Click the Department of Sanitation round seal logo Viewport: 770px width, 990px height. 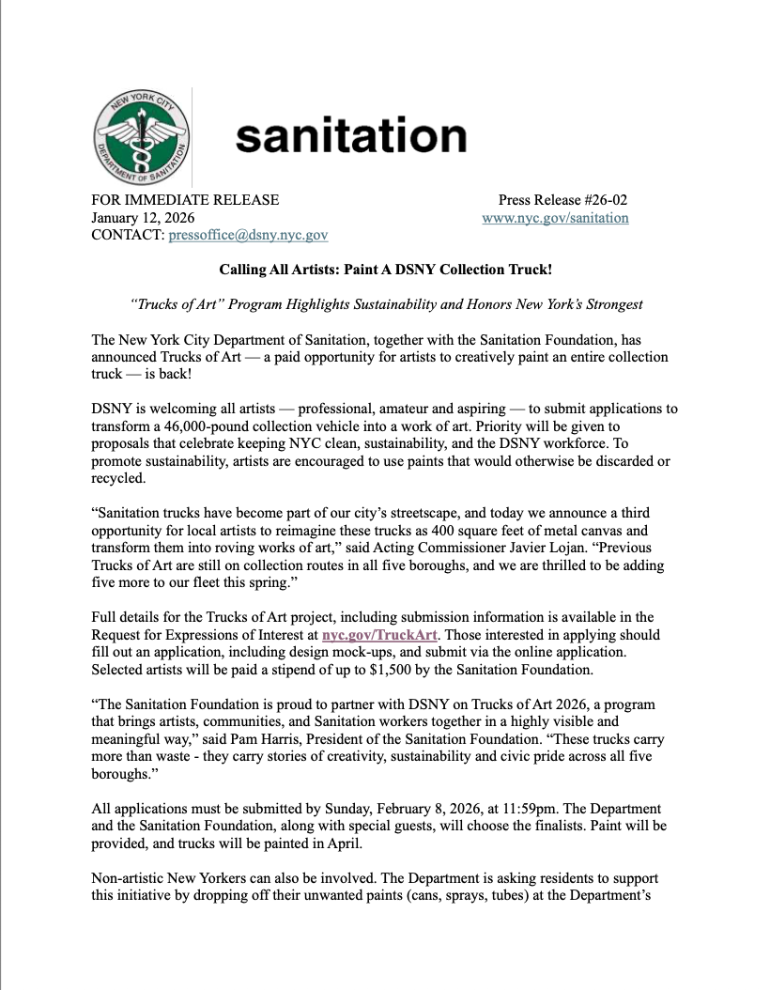click(x=142, y=137)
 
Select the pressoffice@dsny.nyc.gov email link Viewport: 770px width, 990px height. click(x=248, y=235)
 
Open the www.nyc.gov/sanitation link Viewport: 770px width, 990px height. click(x=555, y=218)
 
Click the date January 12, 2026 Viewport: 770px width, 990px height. click(x=143, y=218)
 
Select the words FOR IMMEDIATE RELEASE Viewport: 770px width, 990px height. click(x=185, y=199)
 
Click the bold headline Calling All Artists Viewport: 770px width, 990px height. click(x=385, y=270)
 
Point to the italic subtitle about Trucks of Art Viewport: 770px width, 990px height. click(x=385, y=305)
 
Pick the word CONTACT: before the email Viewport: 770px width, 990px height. click(x=128, y=235)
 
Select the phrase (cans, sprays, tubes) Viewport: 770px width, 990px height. click(x=494, y=896)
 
